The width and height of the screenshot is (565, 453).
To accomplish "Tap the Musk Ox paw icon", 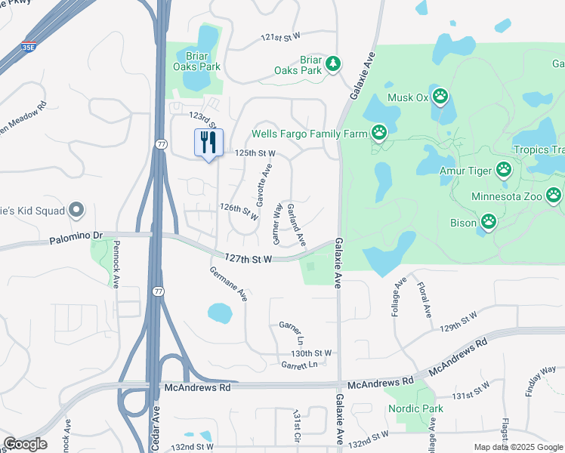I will (x=440, y=97).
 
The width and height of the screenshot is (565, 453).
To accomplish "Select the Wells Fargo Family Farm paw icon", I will (x=379, y=134).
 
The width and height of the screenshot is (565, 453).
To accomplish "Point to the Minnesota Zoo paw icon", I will (x=554, y=196).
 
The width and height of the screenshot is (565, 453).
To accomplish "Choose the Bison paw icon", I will (x=489, y=222).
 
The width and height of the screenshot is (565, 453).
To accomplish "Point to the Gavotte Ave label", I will (x=264, y=188).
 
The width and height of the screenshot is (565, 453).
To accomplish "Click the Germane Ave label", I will (x=228, y=284).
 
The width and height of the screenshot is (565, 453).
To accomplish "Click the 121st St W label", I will (x=280, y=36).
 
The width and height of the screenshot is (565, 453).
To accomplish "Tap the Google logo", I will (x=25, y=444).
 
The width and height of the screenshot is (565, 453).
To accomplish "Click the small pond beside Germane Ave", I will (x=219, y=313).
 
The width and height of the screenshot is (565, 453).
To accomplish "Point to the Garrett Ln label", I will (x=299, y=365).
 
